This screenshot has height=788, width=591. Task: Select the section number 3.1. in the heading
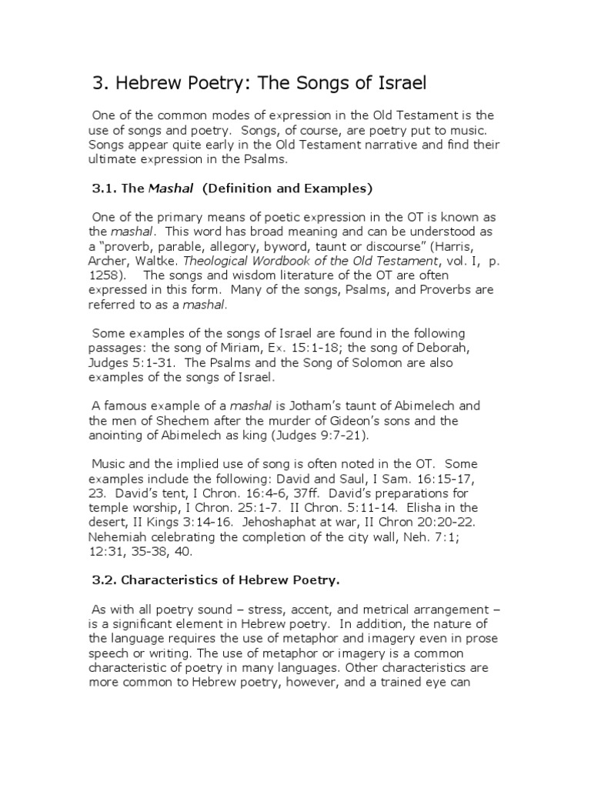pos(103,188)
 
